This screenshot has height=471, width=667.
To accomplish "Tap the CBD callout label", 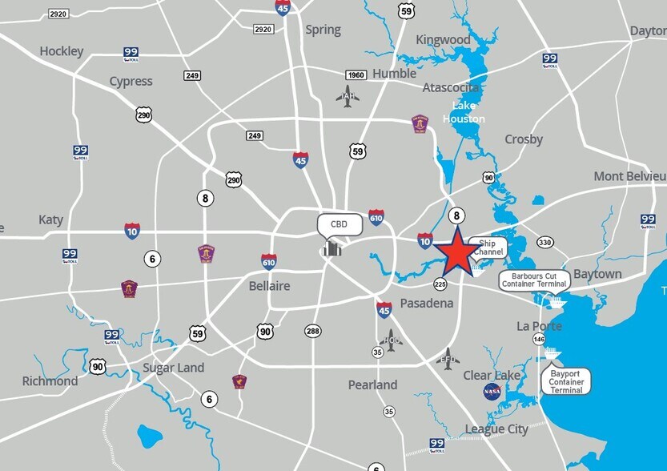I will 339,224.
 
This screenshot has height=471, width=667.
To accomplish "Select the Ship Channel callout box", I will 488,248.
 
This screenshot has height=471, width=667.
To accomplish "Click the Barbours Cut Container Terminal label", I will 534,280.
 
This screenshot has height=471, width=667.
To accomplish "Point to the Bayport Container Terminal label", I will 567,381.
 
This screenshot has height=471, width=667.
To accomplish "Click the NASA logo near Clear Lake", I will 492,392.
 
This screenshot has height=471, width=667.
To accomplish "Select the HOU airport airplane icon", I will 392,340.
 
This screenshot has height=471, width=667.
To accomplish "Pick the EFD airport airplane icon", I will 448,356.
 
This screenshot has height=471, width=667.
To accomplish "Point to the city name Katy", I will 50,219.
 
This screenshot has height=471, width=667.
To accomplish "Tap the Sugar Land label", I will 173,368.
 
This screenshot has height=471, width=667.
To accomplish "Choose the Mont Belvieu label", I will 630,176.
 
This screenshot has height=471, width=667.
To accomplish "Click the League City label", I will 496,429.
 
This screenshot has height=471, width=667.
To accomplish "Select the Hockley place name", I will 62,51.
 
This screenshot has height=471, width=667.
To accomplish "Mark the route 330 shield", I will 545,242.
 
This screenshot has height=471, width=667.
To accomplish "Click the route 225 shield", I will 440,284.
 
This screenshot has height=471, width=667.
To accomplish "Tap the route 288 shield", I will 312,330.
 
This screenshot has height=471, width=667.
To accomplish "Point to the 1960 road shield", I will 356,75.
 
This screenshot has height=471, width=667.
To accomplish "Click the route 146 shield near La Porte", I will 539,340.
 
